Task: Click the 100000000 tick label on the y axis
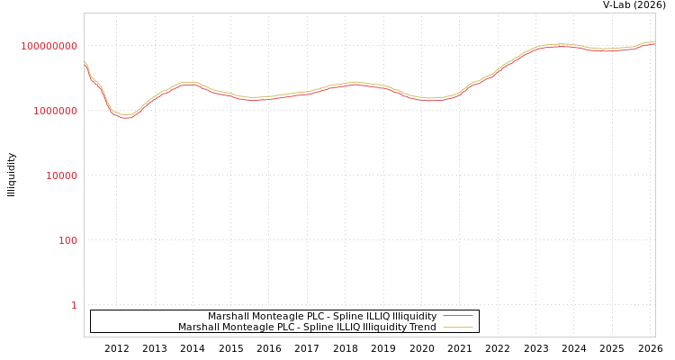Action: pyautogui.click(x=49, y=46)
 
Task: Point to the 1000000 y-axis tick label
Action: pyautogui.click(x=56, y=111)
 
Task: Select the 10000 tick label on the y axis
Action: pyautogui.click(x=62, y=175)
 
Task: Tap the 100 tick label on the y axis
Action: pyautogui.click(x=68, y=240)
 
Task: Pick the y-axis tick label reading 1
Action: pyautogui.click(x=74, y=305)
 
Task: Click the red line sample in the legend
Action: pyautogui.click(x=458, y=316)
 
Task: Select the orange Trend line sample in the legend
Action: pyautogui.click(x=458, y=327)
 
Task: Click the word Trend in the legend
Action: pyautogui.click(x=423, y=327)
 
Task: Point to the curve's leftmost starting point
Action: pyautogui.click(x=85, y=62)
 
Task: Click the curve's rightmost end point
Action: pyautogui.click(x=654, y=41)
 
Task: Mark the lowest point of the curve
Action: pyautogui.click(x=126, y=116)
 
